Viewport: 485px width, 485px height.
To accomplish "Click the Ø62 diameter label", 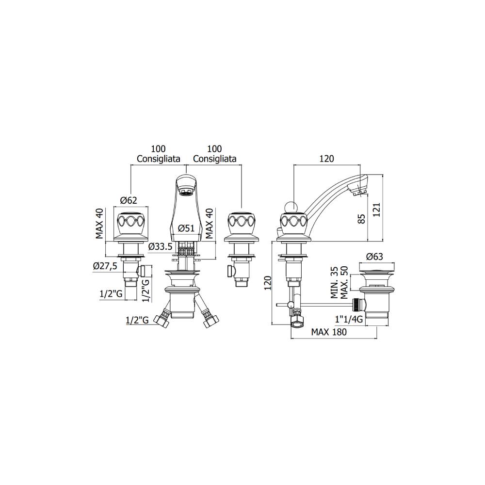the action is point(129,200).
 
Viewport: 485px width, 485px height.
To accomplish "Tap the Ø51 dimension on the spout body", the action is point(186,228).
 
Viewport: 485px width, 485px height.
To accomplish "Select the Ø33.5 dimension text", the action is point(160,246).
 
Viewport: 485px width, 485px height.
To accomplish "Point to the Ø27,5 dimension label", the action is point(105,266).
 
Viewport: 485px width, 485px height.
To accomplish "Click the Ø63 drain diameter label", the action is point(374,257).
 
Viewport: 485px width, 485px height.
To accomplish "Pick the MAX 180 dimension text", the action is point(329,332).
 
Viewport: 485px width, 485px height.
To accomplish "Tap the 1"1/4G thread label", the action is point(349,319).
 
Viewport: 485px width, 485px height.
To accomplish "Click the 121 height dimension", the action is point(376,210).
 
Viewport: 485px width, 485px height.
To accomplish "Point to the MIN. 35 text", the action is point(334,282).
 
